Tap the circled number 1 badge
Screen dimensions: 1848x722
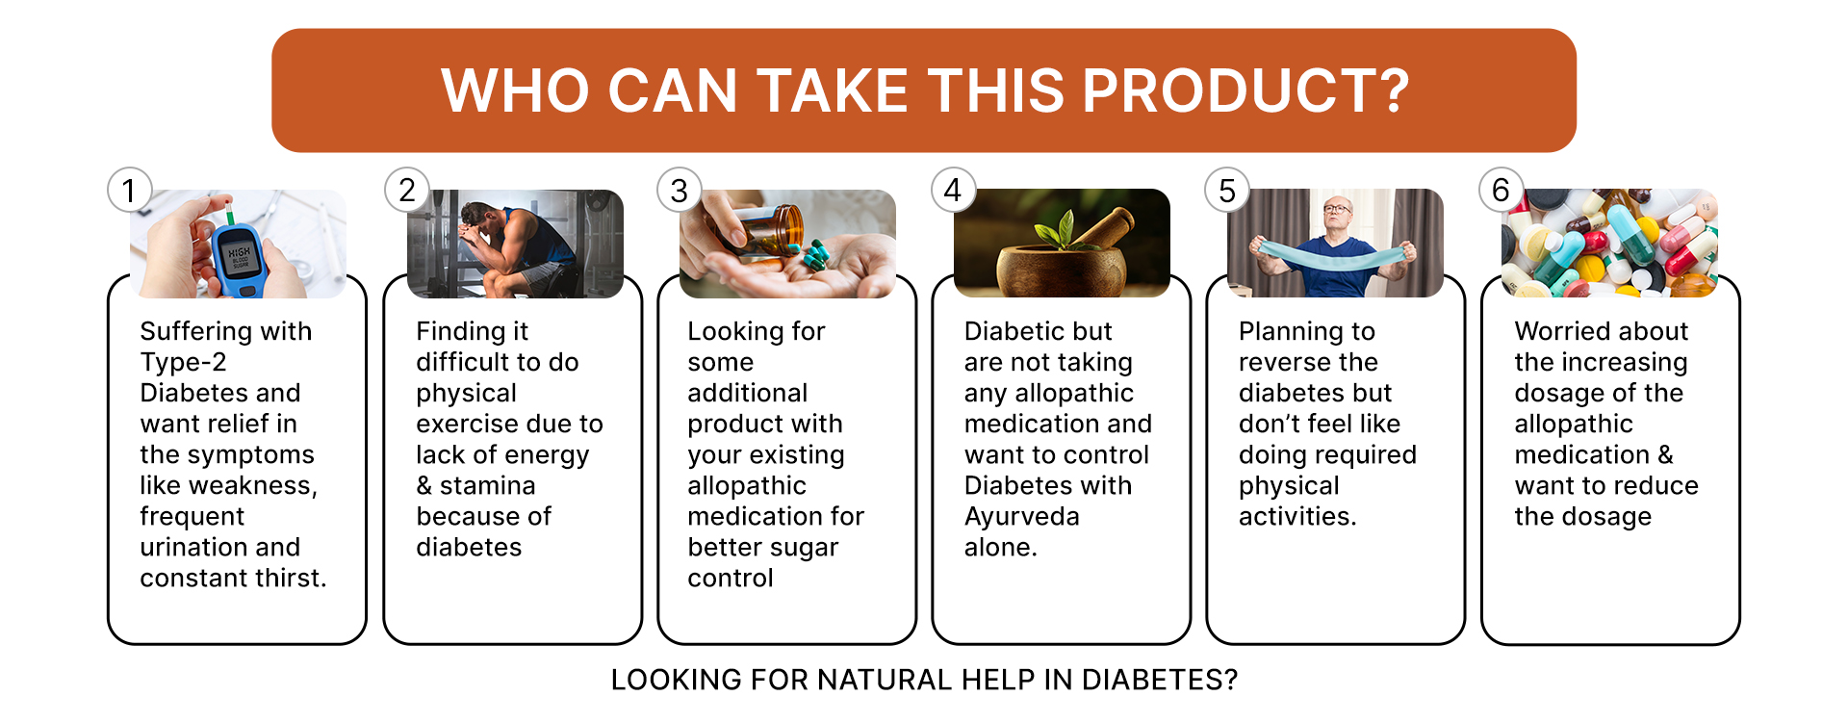129,191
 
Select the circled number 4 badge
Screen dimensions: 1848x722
953,190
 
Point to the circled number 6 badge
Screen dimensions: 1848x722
1501,190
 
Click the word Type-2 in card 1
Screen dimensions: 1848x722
183,363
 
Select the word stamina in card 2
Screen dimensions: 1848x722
488,486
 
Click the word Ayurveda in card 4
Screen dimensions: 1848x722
1022,517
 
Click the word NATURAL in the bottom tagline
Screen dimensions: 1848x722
884,680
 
